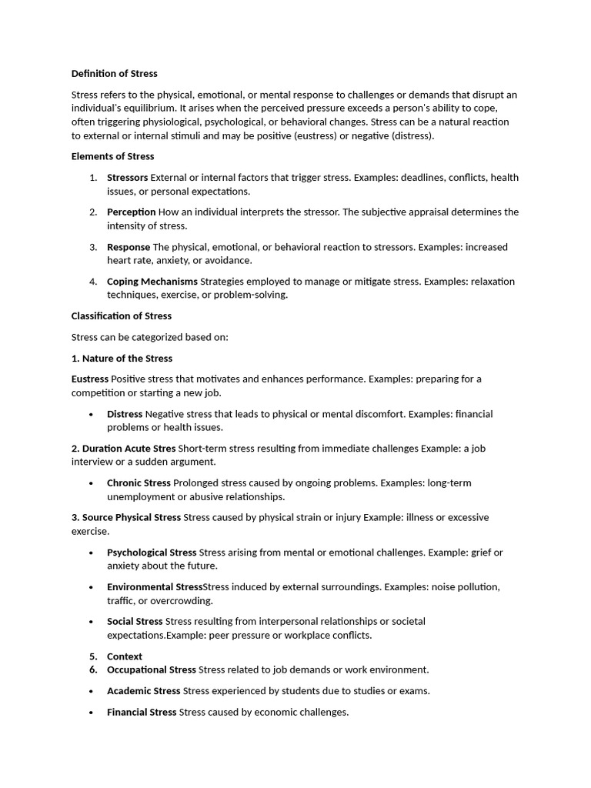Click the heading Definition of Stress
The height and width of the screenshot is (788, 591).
pos(114,74)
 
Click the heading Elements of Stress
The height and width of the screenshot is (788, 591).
pos(112,156)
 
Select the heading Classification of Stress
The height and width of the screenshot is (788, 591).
pos(122,316)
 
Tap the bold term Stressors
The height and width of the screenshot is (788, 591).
pos(127,178)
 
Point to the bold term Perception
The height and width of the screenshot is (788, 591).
pos(131,212)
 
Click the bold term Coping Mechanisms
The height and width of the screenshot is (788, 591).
pos(152,282)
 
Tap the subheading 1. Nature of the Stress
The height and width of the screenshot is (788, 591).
pos(122,359)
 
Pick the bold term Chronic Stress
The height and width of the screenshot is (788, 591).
pos(139,483)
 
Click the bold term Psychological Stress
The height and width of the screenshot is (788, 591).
pos(152,553)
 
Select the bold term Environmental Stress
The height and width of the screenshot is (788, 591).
pos(154,587)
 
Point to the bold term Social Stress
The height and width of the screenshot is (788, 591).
pos(135,622)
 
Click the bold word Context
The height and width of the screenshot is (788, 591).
pos(125,656)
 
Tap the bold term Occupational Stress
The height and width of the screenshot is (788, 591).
pos(152,670)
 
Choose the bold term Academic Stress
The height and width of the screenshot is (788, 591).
pos(143,691)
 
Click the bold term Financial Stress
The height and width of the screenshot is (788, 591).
pos(142,713)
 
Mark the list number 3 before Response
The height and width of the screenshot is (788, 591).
pos(92,247)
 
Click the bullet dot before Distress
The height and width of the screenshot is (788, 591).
pos(92,414)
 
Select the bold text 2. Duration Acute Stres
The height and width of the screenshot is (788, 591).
pos(123,449)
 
